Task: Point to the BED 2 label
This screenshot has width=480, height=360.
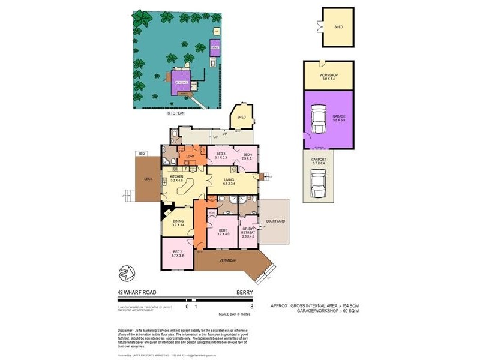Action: (177, 253)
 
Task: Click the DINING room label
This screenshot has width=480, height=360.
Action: (178, 223)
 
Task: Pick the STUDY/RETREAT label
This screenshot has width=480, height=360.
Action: (248, 231)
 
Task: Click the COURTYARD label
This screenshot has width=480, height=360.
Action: (275, 221)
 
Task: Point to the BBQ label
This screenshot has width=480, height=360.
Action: (142, 154)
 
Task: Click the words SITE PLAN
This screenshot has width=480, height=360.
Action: (178, 113)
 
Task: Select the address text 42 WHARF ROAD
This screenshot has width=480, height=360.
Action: (137, 292)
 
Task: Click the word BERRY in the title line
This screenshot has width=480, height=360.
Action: (245, 292)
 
